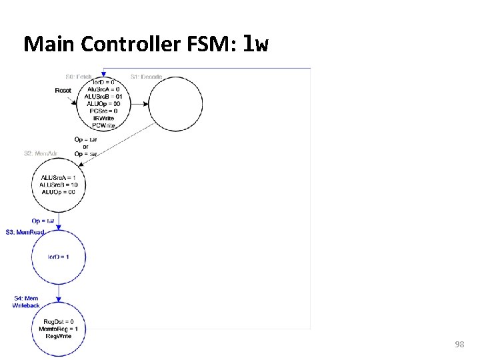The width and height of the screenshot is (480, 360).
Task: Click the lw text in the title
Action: pos(257,44)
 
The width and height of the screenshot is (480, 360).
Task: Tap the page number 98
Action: pos(459,344)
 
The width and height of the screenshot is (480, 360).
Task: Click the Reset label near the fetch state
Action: pos(63,90)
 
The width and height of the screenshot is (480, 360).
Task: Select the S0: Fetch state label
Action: pos(79,76)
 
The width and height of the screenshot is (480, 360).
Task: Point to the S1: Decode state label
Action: pos(146,76)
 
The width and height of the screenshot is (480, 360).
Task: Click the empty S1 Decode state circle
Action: pos(175,104)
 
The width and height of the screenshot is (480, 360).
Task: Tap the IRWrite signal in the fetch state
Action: pos(103,119)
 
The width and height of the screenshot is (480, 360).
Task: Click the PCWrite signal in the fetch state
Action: pos(103,125)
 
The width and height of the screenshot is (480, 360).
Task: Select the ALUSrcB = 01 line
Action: pos(103,97)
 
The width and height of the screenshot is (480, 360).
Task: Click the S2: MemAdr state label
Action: pos(41,154)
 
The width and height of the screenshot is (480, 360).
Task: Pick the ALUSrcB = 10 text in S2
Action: pos(59,185)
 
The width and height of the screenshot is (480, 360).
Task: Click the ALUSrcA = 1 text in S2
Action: pos(59,177)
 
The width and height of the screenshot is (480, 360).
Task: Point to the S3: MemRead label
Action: pos(25,232)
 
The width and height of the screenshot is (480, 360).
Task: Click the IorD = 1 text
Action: pos(59,257)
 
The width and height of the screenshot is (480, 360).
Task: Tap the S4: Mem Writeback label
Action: pos(26,301)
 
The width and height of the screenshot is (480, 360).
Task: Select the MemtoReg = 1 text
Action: pos(59,329)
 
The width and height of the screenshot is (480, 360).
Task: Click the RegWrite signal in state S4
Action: pos(59,336)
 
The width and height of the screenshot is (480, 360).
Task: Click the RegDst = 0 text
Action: pos(59,322)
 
